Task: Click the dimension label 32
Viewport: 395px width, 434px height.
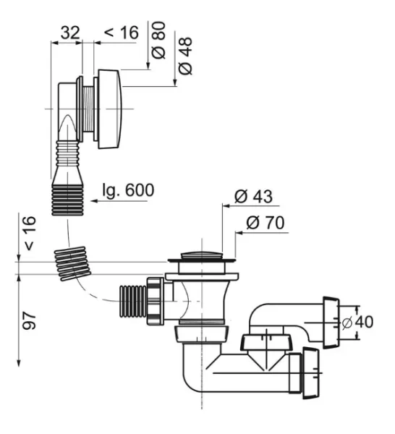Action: pyautogui.click(x=70, y=33)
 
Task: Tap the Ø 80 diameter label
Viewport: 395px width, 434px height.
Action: pyautogui.click(x=159, y=40)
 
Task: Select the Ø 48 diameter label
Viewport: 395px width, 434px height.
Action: pyautogui.click(x=185, y=56)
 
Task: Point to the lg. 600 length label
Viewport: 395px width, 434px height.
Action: pyautogui.click(x=128, y=190)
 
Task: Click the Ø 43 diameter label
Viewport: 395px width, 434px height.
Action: pyautogui.click(x=253, y=197)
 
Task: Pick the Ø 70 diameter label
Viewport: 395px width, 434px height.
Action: pyautogui.click(x=266, y=223)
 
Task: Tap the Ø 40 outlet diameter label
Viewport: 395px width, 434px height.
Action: pyautogui.click(x=357, y=322)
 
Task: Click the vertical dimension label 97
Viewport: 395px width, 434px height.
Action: pyautogui.click(x=30, y=320)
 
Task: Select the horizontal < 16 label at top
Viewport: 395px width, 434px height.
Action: pyautogui.click(x=122, y=33)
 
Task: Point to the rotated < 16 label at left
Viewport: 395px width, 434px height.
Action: pyautogui.click(x=30, y=233)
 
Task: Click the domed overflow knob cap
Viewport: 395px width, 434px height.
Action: pyautogui.click(x=110, y=109)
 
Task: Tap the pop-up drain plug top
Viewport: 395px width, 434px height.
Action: pyautogui.click(x=202, y=255)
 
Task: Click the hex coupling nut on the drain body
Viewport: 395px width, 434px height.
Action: pyautogui.click(x=155, y=301)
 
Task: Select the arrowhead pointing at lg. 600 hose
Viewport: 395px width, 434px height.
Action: pyautogui.click(x=94, y=201)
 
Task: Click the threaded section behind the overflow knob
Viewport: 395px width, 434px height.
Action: pyautogui.click(x=88, y=109)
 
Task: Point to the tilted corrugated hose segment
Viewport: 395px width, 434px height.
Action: pyautogui.click(x=72, y=263)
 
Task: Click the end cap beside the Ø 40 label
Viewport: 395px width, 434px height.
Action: pyautogui.click(x=331, y=322)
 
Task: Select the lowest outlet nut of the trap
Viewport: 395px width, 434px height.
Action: pyautogui.click(x=311, y=373)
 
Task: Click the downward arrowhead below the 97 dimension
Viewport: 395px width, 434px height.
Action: pyautogui.click(x=19, y=363)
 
